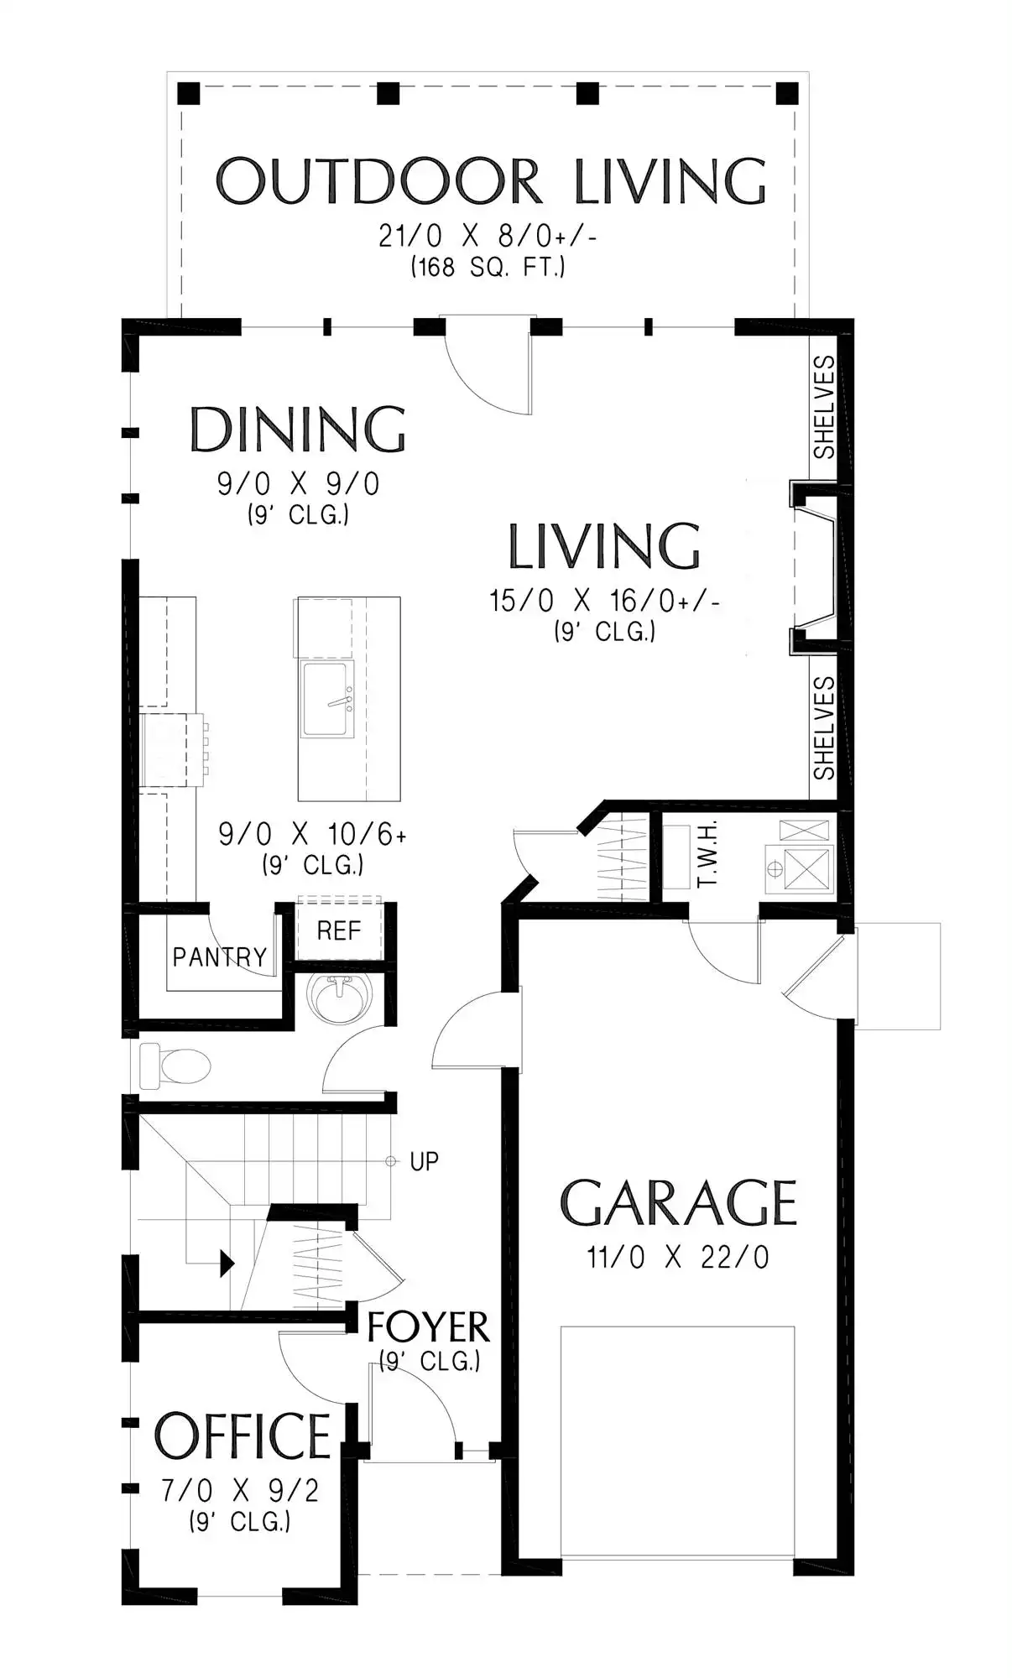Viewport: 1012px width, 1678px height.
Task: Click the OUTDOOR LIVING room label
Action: pyautogui.click(x=491, y=181)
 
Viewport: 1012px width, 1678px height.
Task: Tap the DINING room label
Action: pyautogui.click(x=298, y=430)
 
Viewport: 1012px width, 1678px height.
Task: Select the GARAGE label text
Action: pyautogui.click(x=678, y=1203)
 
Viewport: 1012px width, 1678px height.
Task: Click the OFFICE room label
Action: pyautogui.click(x=243, y=1436)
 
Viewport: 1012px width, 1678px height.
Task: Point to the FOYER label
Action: pyautogui.click(x=428, y=1327)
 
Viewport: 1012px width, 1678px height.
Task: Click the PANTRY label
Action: pyautogui.click(x=220, y=957)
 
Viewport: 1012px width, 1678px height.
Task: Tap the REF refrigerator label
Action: pyautogui.click(x=339, y=930)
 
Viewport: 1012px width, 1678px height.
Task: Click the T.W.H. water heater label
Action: pyautogui.click(x=707, y=855)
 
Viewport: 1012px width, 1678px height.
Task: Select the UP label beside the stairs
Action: pyautogui.click(x=424, y=1161)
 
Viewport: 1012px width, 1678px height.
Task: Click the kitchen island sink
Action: pyautogui.click(x=328, y=699)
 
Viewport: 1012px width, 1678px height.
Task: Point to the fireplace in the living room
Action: pyautogui.click(x=813, y=569)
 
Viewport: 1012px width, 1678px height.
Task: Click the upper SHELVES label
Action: pyautogui.click(x=825, y=407)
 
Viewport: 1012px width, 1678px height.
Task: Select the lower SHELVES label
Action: pyautogui.click(x=825, y=727)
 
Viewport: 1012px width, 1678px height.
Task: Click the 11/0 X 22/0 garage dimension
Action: pyautogui.click(x=678, y=1258)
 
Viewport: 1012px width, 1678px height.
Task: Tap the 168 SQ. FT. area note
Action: pyautogui.click(x=488, y=268)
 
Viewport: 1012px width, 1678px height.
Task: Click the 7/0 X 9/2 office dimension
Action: pyautogui.click(x=241, y=1491)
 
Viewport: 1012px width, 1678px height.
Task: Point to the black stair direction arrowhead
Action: pyautogui.click(x=227, y=1263)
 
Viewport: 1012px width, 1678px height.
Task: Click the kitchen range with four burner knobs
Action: pyautogui.click(x=172, y=751)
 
